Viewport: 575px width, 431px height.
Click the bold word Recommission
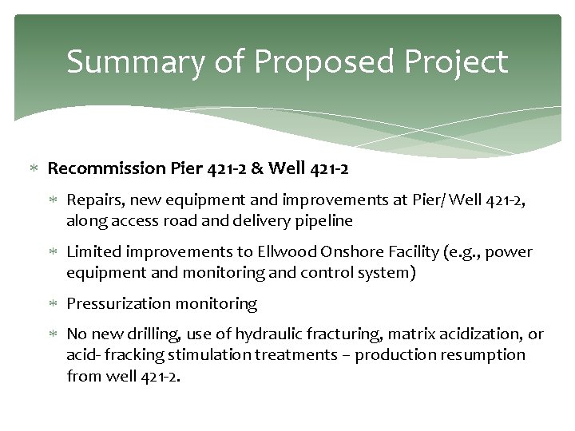pyautogui.click(x=107, y=168)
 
